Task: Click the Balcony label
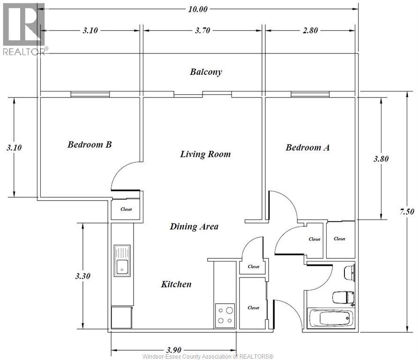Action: tap(206, 72)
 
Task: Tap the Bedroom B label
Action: tap(90, 144)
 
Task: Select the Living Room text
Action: tap(205, 154)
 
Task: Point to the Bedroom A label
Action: tap(307, 148)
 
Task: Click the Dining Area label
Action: tap(194, 227)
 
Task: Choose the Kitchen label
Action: tap(176, 284)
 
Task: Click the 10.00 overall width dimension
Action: tap(198, 9)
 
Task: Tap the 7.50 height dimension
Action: tap(407, 212)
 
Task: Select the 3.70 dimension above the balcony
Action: tap(202, 30)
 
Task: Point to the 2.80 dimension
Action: tap(310, 30)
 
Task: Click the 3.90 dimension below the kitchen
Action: tap(174, 350)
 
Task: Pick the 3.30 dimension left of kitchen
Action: tap(82, 276)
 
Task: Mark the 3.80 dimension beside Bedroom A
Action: tap(381, 159)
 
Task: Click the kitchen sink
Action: tap(122, 261)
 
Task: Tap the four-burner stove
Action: tap(225, 315)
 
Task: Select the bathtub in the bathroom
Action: tap(330, 318)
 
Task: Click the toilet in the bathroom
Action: tap(343, 298)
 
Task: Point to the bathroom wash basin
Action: tap(350, 272)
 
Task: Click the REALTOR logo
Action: tap(24, 29)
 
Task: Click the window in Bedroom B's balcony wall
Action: tap(90, 94)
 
